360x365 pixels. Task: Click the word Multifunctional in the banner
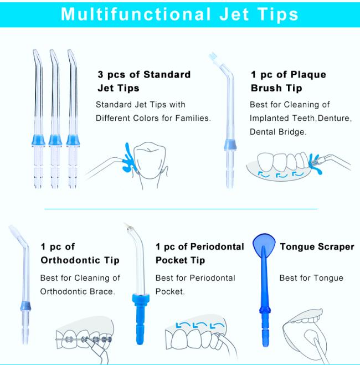coord(136,14)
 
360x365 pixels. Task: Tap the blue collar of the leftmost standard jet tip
coord(38,140)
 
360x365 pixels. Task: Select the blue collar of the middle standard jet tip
coord(55,140)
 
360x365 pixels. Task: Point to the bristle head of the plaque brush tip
coord(213,58)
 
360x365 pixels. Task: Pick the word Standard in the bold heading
coord(167,75)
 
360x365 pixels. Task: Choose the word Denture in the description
coord(333,119)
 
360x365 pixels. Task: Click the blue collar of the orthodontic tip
coord(25,306)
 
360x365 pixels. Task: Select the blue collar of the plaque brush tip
coord(230,145)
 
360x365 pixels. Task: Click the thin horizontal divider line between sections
coord(181,209)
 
